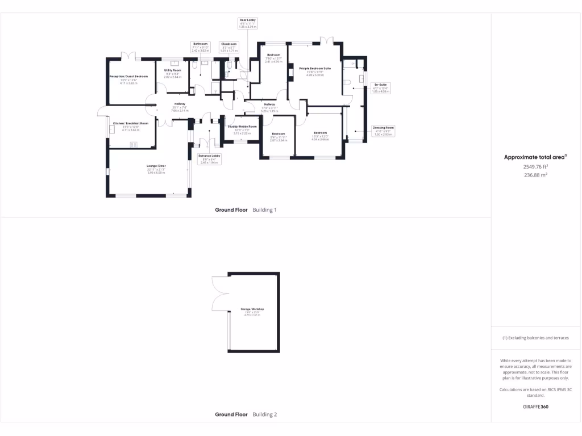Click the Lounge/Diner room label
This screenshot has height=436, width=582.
tap(156, 167)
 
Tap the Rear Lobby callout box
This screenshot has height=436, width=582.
tap(247, 23)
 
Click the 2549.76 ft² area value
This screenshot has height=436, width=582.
tap(535, 167)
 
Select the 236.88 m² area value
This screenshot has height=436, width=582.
tap(535, 175)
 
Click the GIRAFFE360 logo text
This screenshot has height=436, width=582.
tap(535, 406)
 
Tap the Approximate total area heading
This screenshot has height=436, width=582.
tap(535, 157)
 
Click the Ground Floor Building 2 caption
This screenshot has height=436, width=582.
tap(246, 414)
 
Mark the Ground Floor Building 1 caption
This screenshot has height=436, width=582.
tap(246, 209)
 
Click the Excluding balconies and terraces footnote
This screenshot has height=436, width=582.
tap(535, 338)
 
